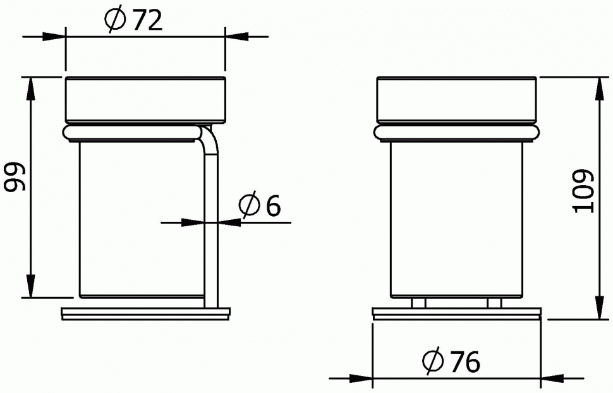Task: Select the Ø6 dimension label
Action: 260,203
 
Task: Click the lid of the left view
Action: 145,99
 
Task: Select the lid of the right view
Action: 457,99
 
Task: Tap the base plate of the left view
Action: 146,313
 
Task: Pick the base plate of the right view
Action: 457,313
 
